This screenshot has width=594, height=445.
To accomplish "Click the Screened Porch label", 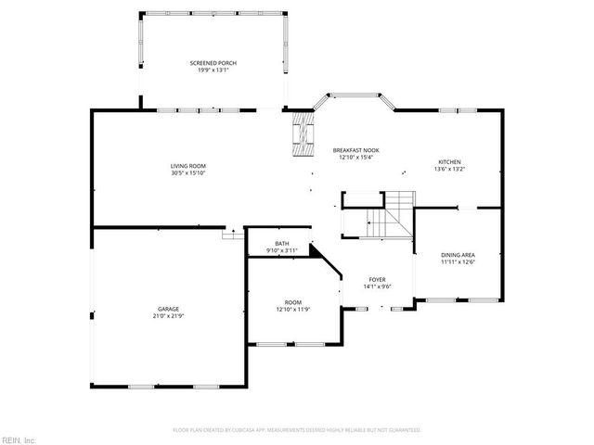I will tap(213, 63).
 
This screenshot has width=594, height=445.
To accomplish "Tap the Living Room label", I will tap(187, 166).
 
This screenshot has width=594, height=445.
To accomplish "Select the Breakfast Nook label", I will tap(355, 150).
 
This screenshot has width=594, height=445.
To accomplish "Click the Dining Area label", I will tap(458, 254).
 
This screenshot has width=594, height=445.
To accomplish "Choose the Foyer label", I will tap(377, 279).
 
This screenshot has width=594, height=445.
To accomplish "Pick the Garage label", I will tap(168, 310).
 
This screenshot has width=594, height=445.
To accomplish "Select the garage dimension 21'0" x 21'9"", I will tap(168, 317).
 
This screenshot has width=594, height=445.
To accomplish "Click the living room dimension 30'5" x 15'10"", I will tap(187, 173).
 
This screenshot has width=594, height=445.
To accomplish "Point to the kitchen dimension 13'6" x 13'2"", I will tap(449, 170).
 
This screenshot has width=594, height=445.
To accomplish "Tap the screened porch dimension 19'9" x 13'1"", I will tap(213, 70).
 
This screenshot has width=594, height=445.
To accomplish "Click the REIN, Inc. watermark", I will tap(18, 439).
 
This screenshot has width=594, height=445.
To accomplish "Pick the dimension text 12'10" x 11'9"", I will tap(292, 310).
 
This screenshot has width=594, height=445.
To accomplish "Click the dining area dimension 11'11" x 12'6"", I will tap(458, 261).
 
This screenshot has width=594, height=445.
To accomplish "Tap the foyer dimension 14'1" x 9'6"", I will tap(377, 286).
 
